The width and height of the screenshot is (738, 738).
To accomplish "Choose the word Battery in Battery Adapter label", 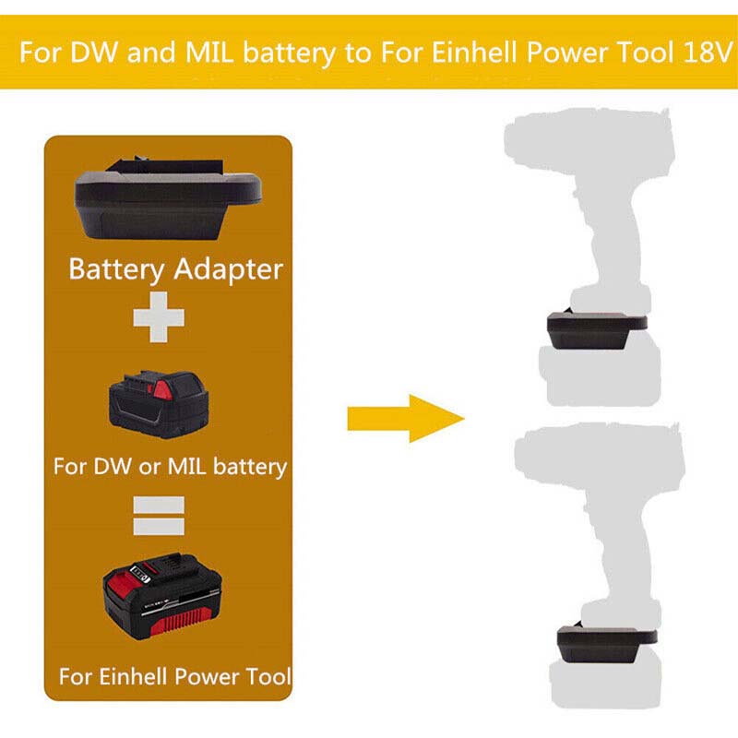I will (116, 270).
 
